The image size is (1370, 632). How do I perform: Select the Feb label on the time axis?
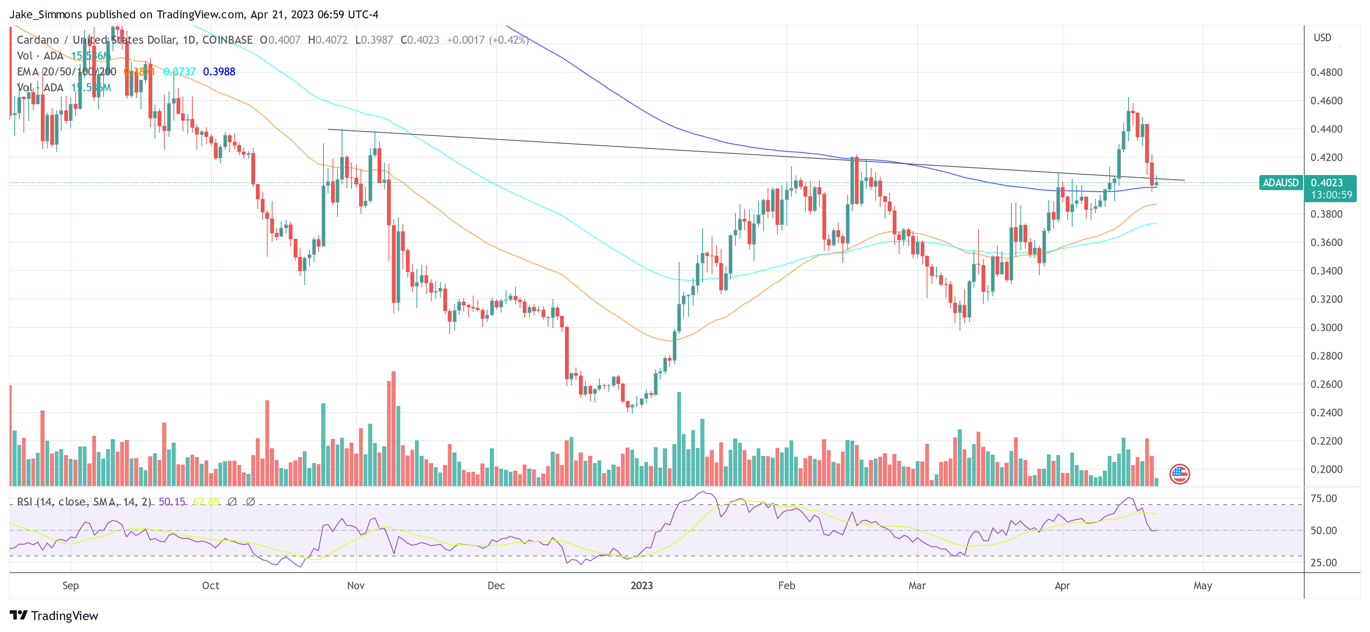(x=786, y=586)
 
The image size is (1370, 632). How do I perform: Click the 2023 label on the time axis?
(x=641, y=586)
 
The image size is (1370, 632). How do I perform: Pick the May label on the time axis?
(x=1203, y=586)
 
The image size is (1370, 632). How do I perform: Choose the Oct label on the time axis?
(x=211, y=586)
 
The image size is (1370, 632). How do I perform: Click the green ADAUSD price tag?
(x=1280, y=183)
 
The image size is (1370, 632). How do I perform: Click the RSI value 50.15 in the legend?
(x=172, y=502)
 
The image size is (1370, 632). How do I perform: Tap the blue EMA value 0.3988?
(x=219, y=72)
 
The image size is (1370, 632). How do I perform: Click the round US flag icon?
(x=1179, y=474)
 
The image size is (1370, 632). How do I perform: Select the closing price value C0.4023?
(x=420, y=40)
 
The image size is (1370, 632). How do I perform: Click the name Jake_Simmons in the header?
(x=46, y=14)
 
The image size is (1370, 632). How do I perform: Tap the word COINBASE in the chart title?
(x=227, y=40)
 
